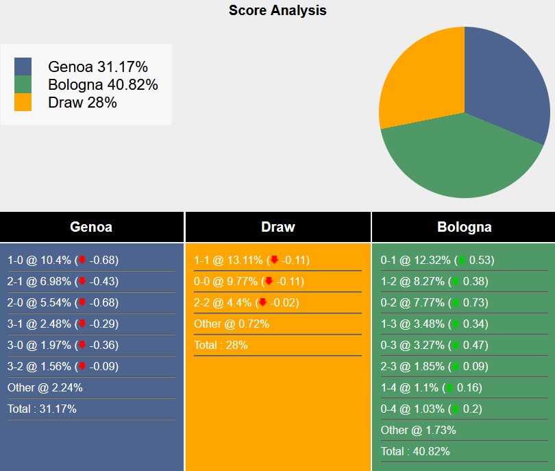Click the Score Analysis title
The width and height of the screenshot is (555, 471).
[277, 10]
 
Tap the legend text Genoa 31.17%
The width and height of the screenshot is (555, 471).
[98, 67]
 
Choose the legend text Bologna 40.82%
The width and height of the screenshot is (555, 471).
[103, 84]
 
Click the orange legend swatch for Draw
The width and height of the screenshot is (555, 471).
[23, 102]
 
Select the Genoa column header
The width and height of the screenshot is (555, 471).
[91, 227]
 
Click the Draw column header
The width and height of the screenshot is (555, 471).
[277, 227]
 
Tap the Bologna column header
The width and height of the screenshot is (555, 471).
[464, 227]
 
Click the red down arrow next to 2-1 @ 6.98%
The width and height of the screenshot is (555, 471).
[82, 281]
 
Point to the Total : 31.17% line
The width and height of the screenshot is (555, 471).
[42, 409]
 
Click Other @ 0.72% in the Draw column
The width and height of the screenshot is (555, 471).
[232, 324]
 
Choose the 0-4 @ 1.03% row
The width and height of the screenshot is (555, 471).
[431, 409]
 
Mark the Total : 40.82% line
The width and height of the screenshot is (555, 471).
[415, 451]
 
